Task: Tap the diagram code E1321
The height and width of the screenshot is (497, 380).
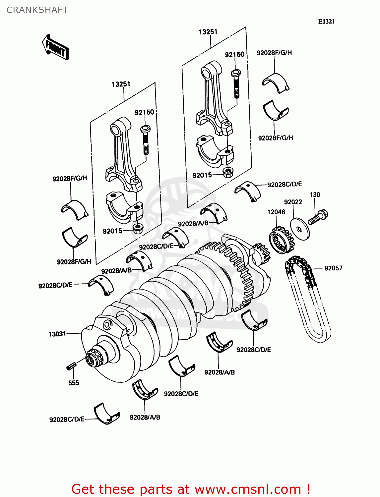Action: point(326,22)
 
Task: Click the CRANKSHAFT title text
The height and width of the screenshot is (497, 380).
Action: point(37,10)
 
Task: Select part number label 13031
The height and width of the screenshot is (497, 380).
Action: point(57,334)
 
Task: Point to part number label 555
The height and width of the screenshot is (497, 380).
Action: point(74,383)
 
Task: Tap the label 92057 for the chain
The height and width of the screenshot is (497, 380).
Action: point(333,268)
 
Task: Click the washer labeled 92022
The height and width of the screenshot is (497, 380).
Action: point(300,229)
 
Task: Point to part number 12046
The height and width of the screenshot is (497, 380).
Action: point(276,212)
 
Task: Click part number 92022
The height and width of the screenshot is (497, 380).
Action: point(293,202)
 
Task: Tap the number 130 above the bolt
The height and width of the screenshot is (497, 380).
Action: point(315,194)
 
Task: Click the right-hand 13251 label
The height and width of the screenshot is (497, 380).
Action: point(208,32)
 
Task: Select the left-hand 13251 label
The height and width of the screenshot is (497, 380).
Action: point(121,84)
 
